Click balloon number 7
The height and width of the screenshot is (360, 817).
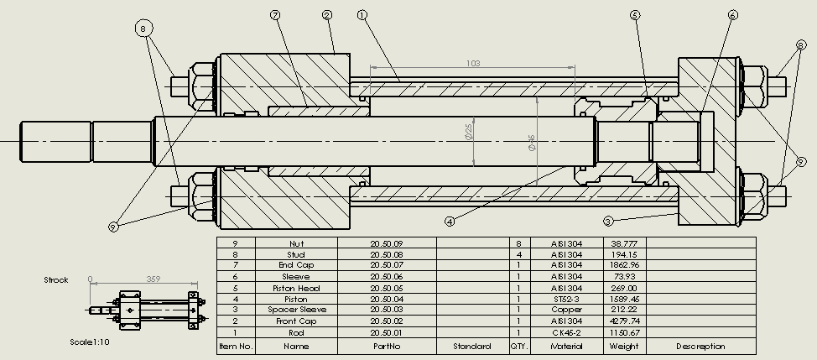(275, 15)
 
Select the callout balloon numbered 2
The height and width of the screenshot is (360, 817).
(326, 15)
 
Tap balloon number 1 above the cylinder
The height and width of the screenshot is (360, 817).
(362, 15)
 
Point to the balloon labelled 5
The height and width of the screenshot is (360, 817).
(634, 15)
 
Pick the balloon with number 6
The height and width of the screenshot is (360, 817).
(733, 15)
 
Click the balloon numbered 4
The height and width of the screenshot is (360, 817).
(450, 222)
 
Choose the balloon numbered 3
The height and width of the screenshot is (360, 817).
(608, 221)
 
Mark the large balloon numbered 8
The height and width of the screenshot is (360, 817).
(145, 28)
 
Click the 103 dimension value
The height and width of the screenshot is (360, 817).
(472, 63)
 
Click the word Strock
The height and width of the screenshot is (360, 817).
(56, 279)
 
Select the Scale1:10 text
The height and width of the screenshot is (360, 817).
(90, 342)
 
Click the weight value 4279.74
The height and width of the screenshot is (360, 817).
(625, 321)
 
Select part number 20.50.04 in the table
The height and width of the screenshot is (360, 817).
(386, 298)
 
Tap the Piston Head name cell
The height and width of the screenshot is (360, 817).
(296, 287)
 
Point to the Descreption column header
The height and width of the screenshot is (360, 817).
(700, 345)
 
